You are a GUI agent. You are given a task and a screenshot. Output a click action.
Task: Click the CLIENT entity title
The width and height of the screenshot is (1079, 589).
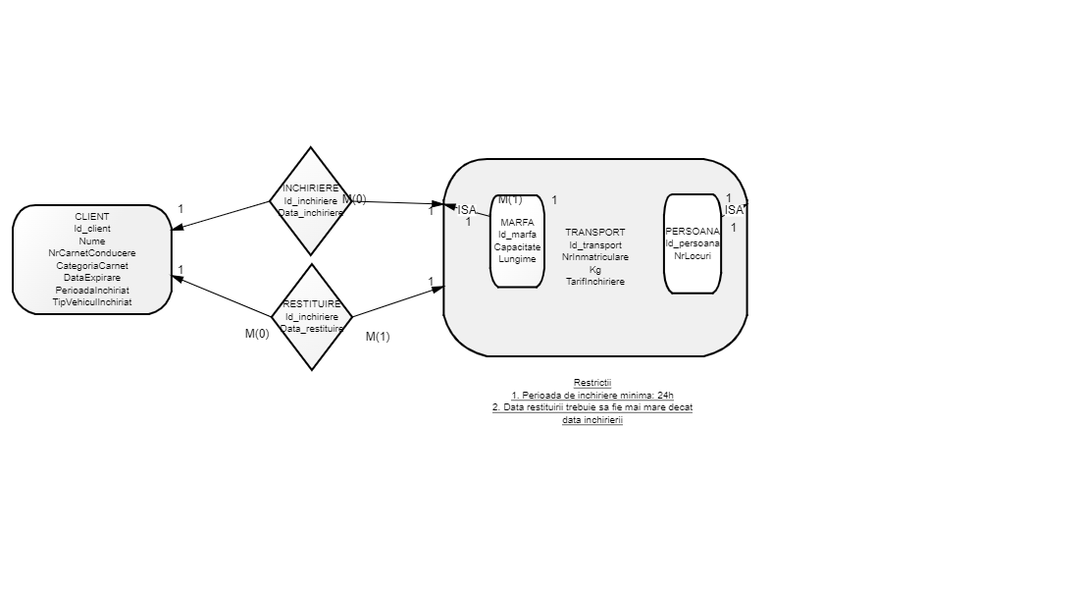tap(92, 216)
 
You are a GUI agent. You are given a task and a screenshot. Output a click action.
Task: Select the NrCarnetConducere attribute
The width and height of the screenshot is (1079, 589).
tap(92, 253)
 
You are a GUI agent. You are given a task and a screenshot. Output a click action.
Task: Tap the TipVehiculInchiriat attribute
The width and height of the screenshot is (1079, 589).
tap(92, 302)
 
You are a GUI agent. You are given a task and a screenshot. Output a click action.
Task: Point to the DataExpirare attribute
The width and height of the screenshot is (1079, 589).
tap(92, 278)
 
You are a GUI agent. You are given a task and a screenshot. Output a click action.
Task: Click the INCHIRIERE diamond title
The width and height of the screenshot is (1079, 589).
tap(311, 187)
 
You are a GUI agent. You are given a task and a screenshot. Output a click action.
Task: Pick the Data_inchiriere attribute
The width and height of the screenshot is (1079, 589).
tap(311, 212)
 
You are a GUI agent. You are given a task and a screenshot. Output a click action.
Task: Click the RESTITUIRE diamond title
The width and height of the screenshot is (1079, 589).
tap(312, 304)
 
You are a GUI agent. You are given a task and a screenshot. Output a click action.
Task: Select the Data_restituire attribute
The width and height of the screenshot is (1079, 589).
tap(312, 329)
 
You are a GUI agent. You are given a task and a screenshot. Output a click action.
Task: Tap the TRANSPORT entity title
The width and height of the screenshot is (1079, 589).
tap(594, 233)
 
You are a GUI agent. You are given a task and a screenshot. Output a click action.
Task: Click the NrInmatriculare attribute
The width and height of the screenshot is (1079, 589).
tap(594, 257)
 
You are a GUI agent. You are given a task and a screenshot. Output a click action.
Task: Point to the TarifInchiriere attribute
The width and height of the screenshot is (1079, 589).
tap(594, 282)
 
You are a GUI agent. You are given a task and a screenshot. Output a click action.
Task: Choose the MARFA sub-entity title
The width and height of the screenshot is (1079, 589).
tap(517, 223)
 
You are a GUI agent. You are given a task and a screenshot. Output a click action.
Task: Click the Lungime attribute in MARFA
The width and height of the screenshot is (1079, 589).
tap(517, 259)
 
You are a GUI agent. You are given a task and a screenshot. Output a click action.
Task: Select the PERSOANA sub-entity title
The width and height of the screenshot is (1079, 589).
tap(693, 231)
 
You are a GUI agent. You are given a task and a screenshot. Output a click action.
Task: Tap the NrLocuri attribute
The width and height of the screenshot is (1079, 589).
tap(693, 255)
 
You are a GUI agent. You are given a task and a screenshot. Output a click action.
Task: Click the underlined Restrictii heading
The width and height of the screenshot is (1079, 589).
tap(592, 383)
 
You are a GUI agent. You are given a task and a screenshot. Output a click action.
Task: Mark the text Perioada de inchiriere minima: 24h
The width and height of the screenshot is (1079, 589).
tap(592, 395)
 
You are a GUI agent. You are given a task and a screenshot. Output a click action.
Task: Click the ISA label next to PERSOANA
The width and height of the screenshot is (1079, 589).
tap(734, 210)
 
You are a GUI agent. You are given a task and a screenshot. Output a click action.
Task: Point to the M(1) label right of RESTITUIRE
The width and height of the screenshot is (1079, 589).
tap(378, 337)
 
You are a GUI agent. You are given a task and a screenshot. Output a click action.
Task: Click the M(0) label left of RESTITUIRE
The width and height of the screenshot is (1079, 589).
tap(257, 334)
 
